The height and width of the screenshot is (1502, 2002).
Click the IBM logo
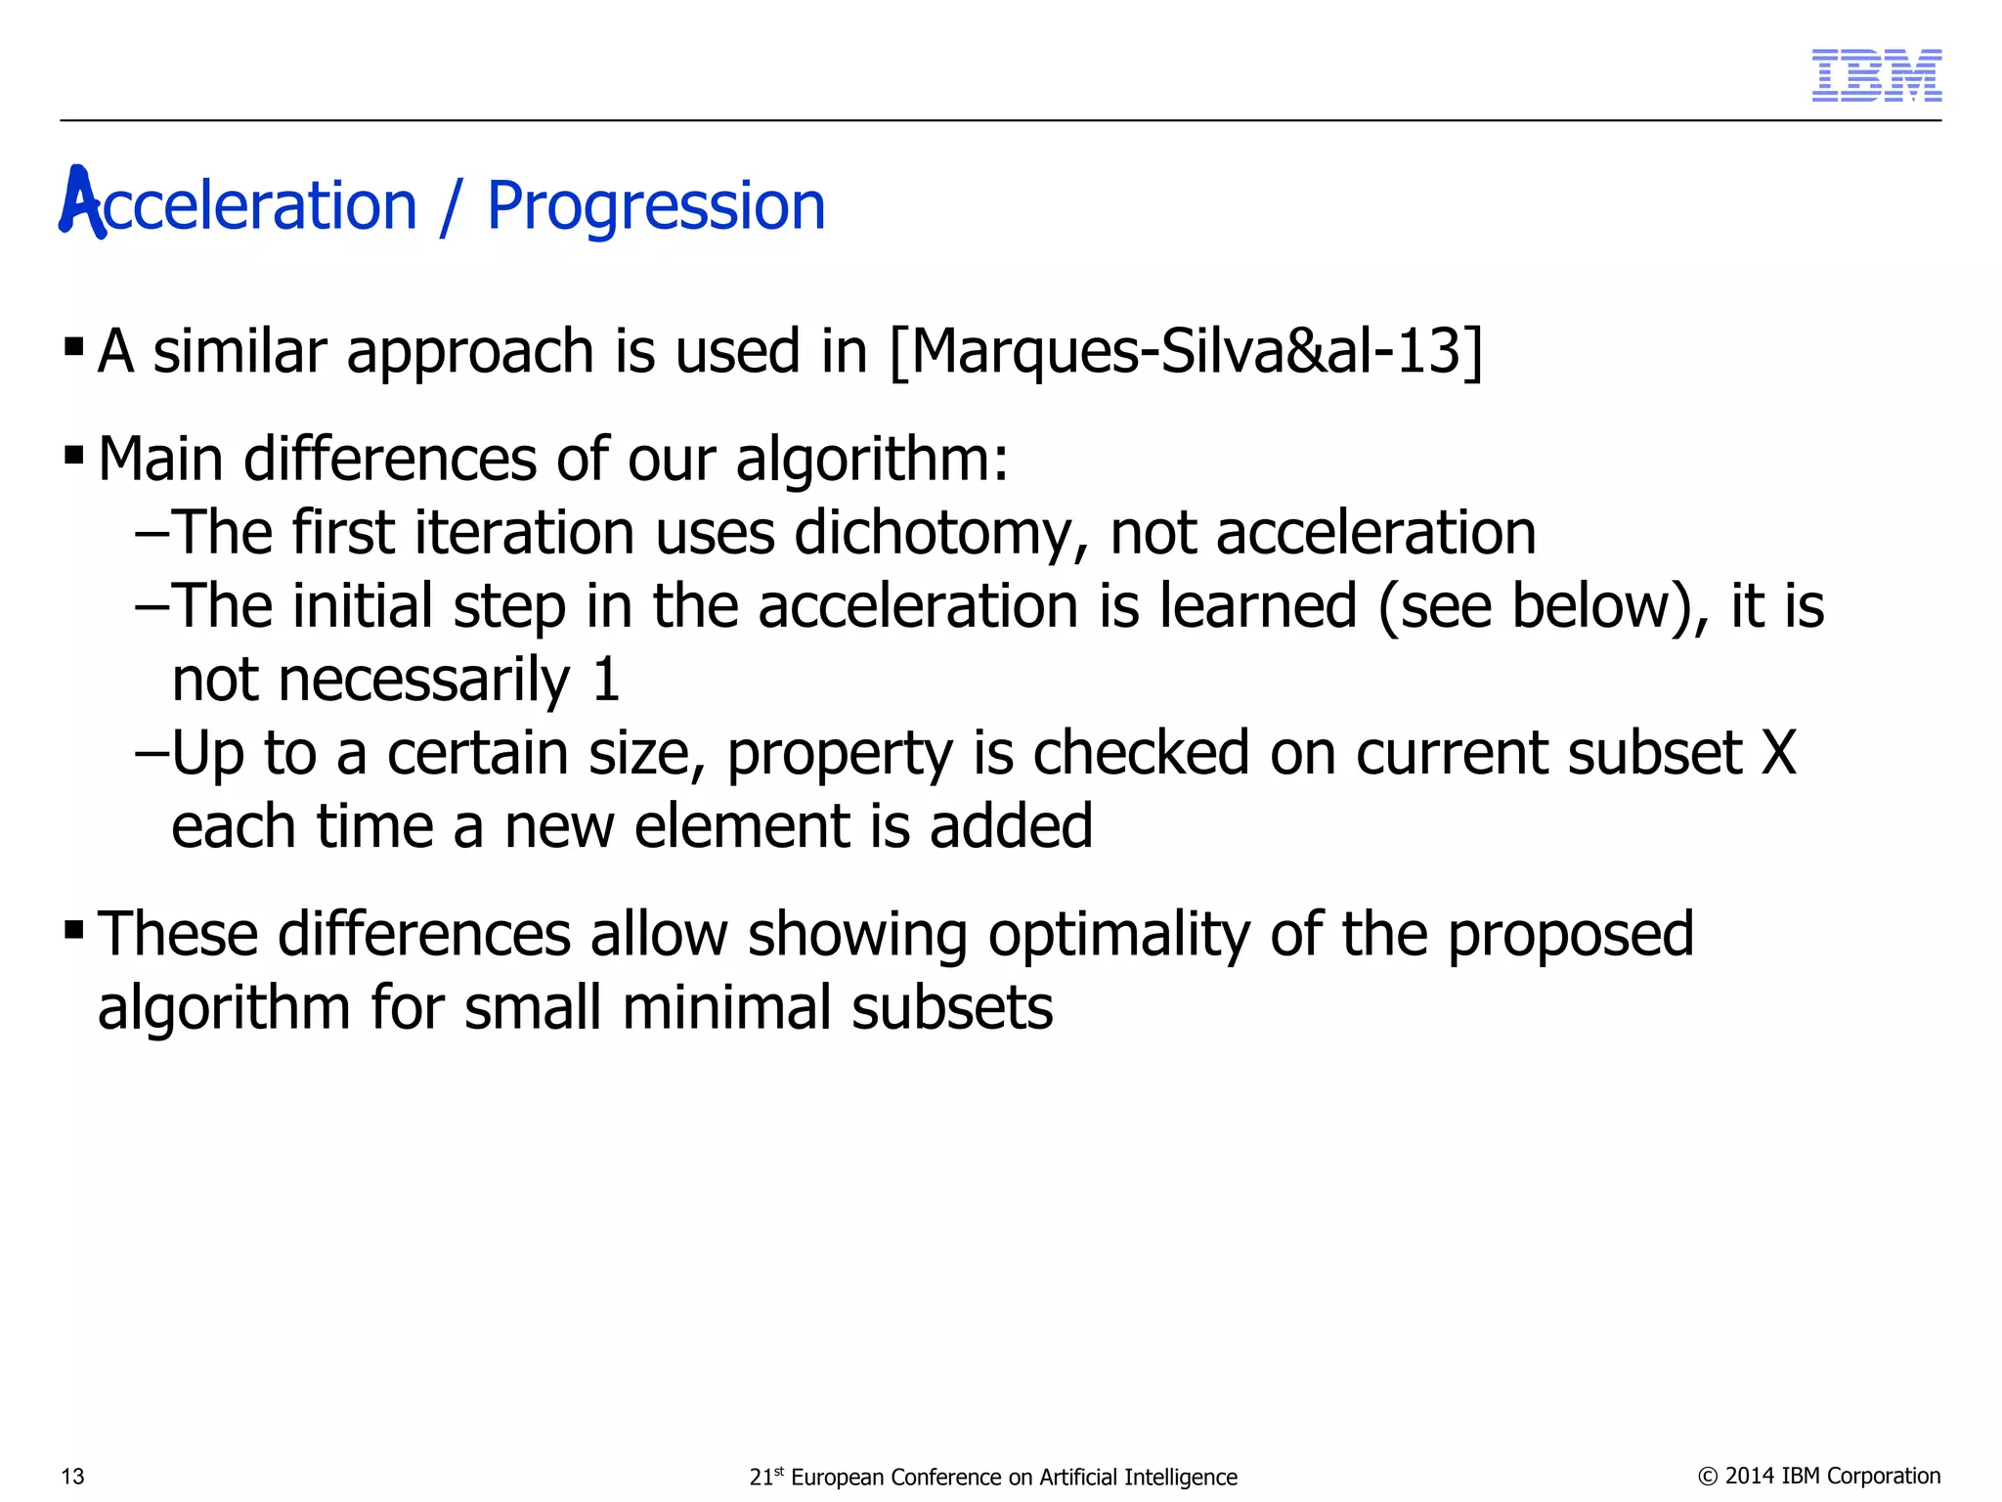(x=1876, y=75)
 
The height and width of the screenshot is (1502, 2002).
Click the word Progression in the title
(x=656, y=207)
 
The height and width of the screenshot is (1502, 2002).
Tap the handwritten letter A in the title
(x=81, y=202)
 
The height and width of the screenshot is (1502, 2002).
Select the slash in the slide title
(x=451, y=207)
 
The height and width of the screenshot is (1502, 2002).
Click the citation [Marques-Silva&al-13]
(x=1186, y=351)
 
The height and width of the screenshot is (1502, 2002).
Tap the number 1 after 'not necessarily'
(x=606, y=680)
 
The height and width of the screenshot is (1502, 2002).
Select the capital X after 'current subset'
(x=1778, y=753)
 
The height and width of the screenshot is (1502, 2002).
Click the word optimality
(x=1118, y=934)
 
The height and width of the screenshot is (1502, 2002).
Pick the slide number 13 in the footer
(x=73, y=1477)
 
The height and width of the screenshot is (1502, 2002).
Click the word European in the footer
(x=837, y=1477)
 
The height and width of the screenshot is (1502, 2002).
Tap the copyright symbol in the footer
(x=1708, y=1477)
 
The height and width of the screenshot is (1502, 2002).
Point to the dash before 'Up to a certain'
(x=152, y=754)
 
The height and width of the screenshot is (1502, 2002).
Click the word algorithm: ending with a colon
(x=871, y=460)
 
